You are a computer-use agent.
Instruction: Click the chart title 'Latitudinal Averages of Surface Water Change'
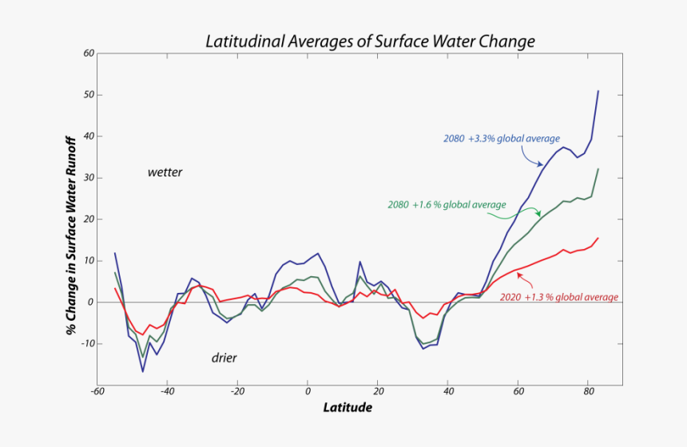[370, 41]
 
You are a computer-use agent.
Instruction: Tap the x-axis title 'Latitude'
[347, 407]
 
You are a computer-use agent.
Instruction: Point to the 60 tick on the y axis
[89, 53]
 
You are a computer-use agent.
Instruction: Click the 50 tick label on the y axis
[89, 95]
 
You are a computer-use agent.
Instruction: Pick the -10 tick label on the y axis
[87, 343]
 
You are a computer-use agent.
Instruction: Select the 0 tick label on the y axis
[92, 303]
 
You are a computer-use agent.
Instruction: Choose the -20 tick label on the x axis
[237, 392]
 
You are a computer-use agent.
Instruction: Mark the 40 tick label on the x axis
[448, 392]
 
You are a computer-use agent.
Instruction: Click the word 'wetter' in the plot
[165, 172]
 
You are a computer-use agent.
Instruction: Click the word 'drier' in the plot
[224, 358]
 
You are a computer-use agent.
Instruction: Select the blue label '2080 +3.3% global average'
[502, 138]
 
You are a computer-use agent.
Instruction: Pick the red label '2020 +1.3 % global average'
[559, 297]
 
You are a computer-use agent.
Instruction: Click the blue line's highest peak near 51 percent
[598, 91]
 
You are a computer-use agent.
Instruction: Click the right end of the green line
[598, 169]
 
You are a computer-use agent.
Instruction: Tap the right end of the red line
[598, 238]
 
